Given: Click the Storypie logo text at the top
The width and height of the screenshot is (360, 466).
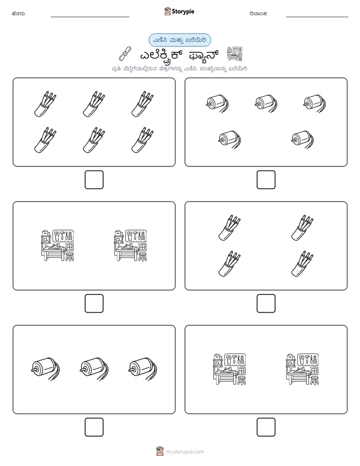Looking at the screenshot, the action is (x=183, y=12).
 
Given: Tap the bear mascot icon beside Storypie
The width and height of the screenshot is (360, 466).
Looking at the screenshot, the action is (x=167, y=11).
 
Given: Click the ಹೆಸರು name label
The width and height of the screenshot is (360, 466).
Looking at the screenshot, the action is (x=19, y=14).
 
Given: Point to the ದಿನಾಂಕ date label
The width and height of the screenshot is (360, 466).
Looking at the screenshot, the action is (x=259, y=14).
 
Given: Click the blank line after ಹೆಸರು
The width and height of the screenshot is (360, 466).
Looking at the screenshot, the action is (x=90, y=17).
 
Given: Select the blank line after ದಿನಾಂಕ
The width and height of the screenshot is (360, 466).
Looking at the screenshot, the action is (x=317, y=17).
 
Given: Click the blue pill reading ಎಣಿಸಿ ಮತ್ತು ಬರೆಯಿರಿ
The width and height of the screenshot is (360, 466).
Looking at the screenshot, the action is (x=179, y=40).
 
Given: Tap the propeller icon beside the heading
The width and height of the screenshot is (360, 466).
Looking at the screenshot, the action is (x=125, y=53).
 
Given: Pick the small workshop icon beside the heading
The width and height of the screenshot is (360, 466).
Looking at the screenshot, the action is (x=234, y=54).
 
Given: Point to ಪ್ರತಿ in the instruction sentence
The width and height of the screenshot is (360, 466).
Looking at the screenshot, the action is (x=116, y=69).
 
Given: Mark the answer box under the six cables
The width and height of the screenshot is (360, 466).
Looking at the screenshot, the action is (x=94, y=180).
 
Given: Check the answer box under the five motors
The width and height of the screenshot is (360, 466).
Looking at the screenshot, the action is (x=266, y=180).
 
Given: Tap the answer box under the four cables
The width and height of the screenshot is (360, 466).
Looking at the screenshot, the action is (x=266, y=304).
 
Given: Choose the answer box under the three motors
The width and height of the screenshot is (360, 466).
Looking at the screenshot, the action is (x=94, y=427).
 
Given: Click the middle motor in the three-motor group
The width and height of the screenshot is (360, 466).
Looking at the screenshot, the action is (x=94, y=369).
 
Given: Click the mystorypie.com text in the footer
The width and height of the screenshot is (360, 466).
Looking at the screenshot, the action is (x=185, y=452).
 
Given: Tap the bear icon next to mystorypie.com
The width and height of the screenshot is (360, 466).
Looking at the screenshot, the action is (x=160, y=451).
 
